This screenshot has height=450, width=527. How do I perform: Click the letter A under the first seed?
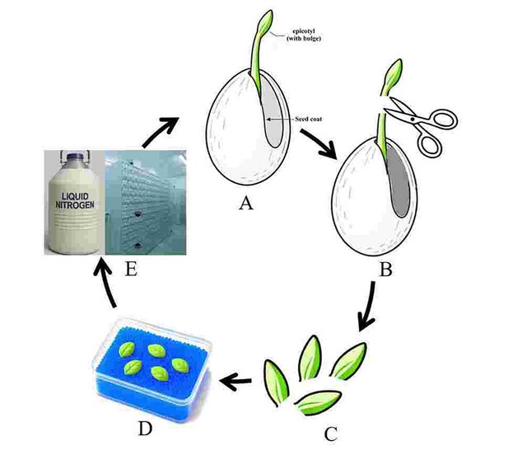[245, 204]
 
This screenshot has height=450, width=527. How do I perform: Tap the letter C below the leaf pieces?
[332, 432]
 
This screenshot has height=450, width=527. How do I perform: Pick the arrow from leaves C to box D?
[240, 380]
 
